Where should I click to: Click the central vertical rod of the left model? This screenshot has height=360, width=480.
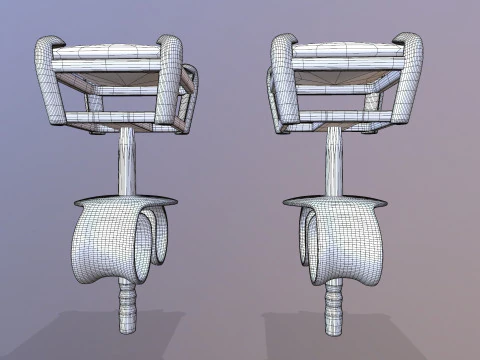(127, 160)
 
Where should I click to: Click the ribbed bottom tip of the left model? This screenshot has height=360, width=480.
(127, 305)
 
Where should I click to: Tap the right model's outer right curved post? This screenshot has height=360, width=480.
(411, 80)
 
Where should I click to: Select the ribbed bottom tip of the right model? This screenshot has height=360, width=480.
(332, 305)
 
